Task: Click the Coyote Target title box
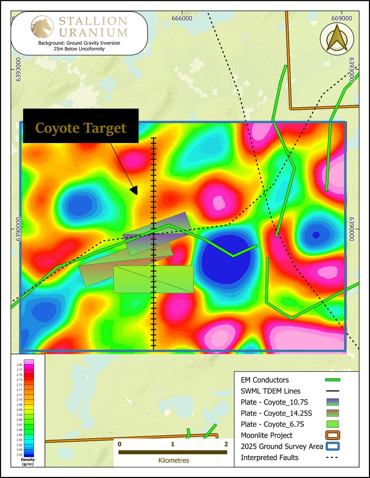(x=81, y=126)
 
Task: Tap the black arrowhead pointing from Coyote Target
(x=134, y=190)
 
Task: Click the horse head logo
(x=42, y=27)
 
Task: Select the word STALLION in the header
(x=93, y=21)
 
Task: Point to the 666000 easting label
(x=182, y=18)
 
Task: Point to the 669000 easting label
(x=341, y=18)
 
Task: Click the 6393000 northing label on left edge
(x=18, y=69)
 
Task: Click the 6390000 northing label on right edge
(x=352, y=229)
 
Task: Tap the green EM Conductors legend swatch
(x=333, y=380)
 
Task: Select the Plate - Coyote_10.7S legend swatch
(x=333, y=402)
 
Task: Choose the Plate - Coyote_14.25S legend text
(x=276, y=413)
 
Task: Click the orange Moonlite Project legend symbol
(x=333, y=435)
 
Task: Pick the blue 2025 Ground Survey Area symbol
(x=333, y=446)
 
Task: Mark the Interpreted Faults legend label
(x=269, y=457)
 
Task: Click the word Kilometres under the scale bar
(x=173, y=460)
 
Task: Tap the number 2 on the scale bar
(x=226, y=444)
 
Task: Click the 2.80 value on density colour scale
(x=19, y=365)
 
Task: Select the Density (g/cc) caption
(x=28, y=462)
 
